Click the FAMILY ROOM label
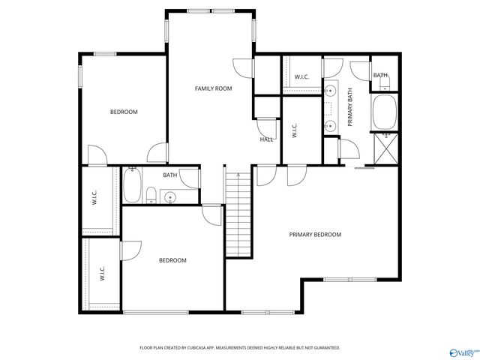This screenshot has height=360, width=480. (213, 88)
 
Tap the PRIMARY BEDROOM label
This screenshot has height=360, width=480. (315, 235)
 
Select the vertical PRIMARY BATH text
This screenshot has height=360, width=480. (349, 108)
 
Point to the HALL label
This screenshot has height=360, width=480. (266, 139)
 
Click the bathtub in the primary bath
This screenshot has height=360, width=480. (386, 110)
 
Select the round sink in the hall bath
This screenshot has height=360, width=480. (170, 198)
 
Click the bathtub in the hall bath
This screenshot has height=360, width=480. (132, 186)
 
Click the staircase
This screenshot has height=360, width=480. (237, 213)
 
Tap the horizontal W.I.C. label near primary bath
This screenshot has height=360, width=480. (301, 76)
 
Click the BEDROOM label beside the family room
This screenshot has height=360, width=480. (124, 112)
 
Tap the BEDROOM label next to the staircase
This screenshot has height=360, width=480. (172, 260)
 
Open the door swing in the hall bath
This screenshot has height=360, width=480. (190, 178)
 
